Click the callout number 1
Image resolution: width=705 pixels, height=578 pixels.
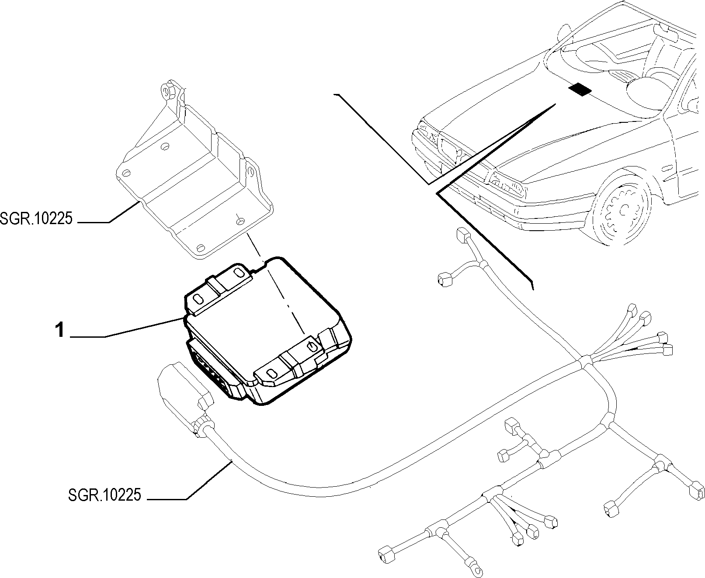59,330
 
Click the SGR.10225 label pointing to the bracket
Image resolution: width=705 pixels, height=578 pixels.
36,218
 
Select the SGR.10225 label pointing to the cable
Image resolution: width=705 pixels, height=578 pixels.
104,495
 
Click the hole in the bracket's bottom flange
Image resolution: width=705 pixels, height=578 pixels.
201,248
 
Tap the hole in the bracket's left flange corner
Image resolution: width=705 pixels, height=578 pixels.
126,173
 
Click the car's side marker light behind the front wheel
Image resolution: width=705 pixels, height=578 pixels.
668,168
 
